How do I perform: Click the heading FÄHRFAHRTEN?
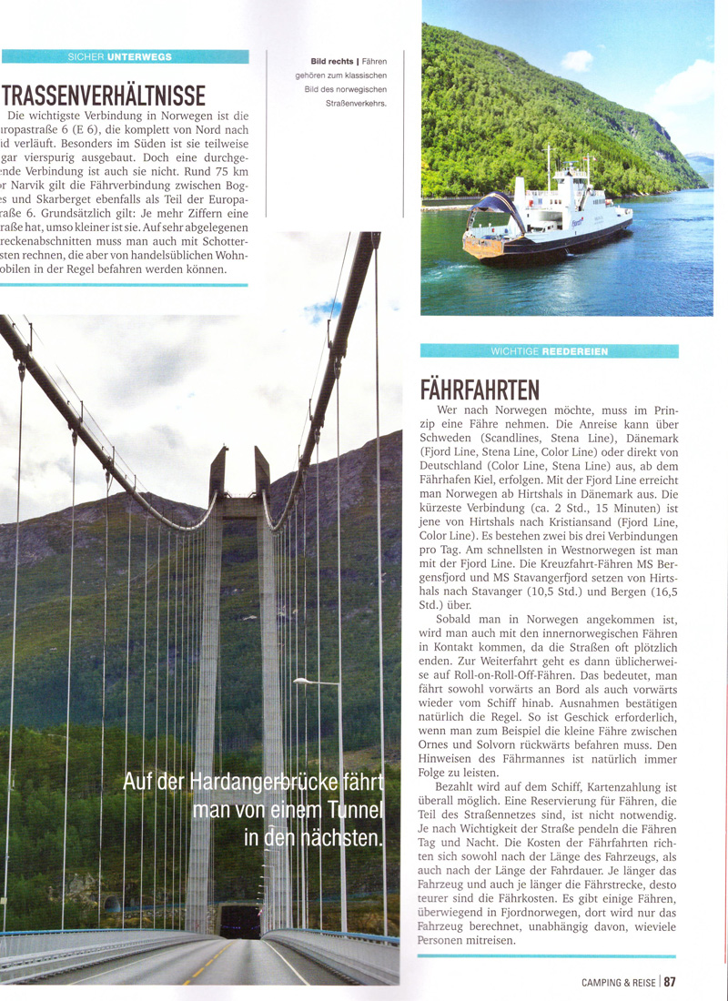tap(480, 389)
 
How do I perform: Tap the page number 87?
tap(670, 982)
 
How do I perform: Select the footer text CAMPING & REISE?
tap(620, 982)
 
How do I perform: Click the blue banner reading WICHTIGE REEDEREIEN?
tap(549, 351)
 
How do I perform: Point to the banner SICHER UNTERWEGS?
tap(125, 56)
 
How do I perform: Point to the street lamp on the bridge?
tap(305, 681)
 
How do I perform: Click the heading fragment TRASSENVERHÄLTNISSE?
tap(105, 95)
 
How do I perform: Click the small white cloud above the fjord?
tap(576, 61)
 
